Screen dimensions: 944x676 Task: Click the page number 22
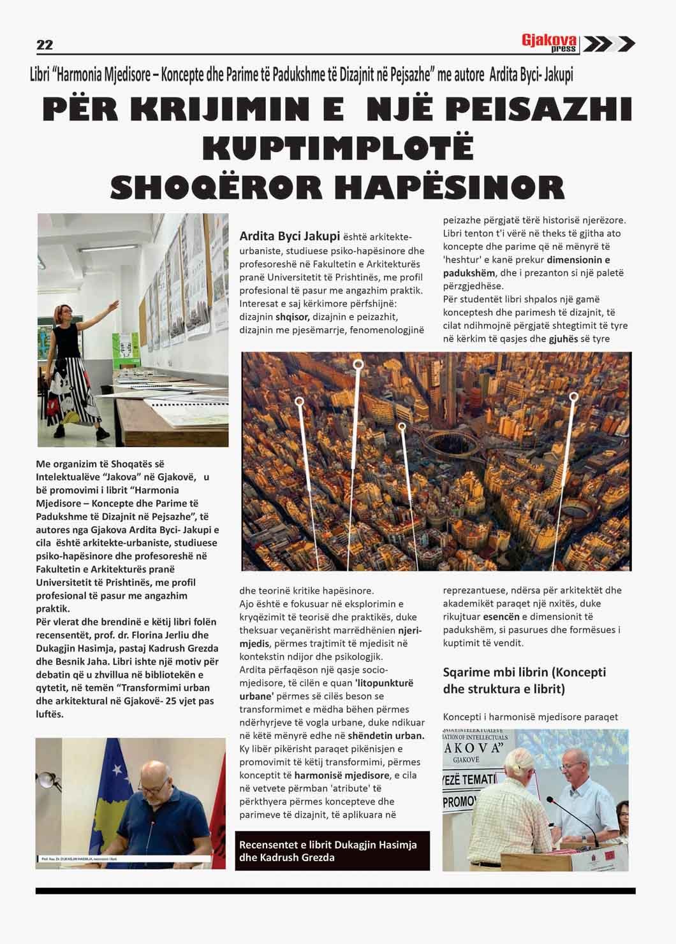pyautogui.click(x=45, y=45)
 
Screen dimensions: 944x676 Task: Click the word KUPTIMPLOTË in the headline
pyautogui.click(x=338, y=148)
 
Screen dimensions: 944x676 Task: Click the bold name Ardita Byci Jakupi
pyautogui.click(x=290, y=236)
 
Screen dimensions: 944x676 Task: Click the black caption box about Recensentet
pyautogui.click(x=332, y=850)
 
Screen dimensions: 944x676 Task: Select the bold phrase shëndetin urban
pyautogui.click(x=385, y=735)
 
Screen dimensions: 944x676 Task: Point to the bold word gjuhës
pyautogui.click(x=563, y=338)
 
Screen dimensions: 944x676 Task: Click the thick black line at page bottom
pyautogui.click(x=335, y=890)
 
